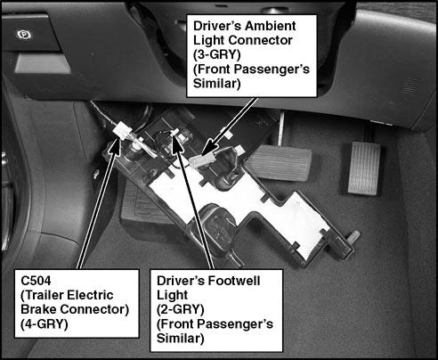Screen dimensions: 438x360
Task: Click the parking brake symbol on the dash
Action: click(x=24, y=36)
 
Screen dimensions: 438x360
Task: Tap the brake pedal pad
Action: click(x=280, y=162)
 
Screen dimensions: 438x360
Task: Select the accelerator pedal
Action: click(x=364, y=168)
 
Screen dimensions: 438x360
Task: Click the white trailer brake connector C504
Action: click(x=123, y=130)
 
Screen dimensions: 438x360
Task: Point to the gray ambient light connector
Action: click(x=199, y=160)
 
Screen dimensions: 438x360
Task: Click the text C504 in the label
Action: click(x=36, y=281)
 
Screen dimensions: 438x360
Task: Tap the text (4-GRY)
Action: click(x=45, y=324)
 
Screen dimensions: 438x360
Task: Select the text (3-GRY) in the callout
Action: click(x=217, y=54)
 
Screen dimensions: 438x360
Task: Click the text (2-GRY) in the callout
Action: click(x=181, y=309)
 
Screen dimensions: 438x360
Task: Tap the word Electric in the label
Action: click(x=91, y=295)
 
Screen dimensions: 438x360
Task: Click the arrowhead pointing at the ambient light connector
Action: click(x=210, y=146)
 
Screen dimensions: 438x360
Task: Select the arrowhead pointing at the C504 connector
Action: click(x=114, y=146)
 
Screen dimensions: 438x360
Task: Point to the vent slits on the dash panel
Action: click(x=412, y=85)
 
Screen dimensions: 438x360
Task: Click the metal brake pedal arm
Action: click(x=280, y=128)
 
